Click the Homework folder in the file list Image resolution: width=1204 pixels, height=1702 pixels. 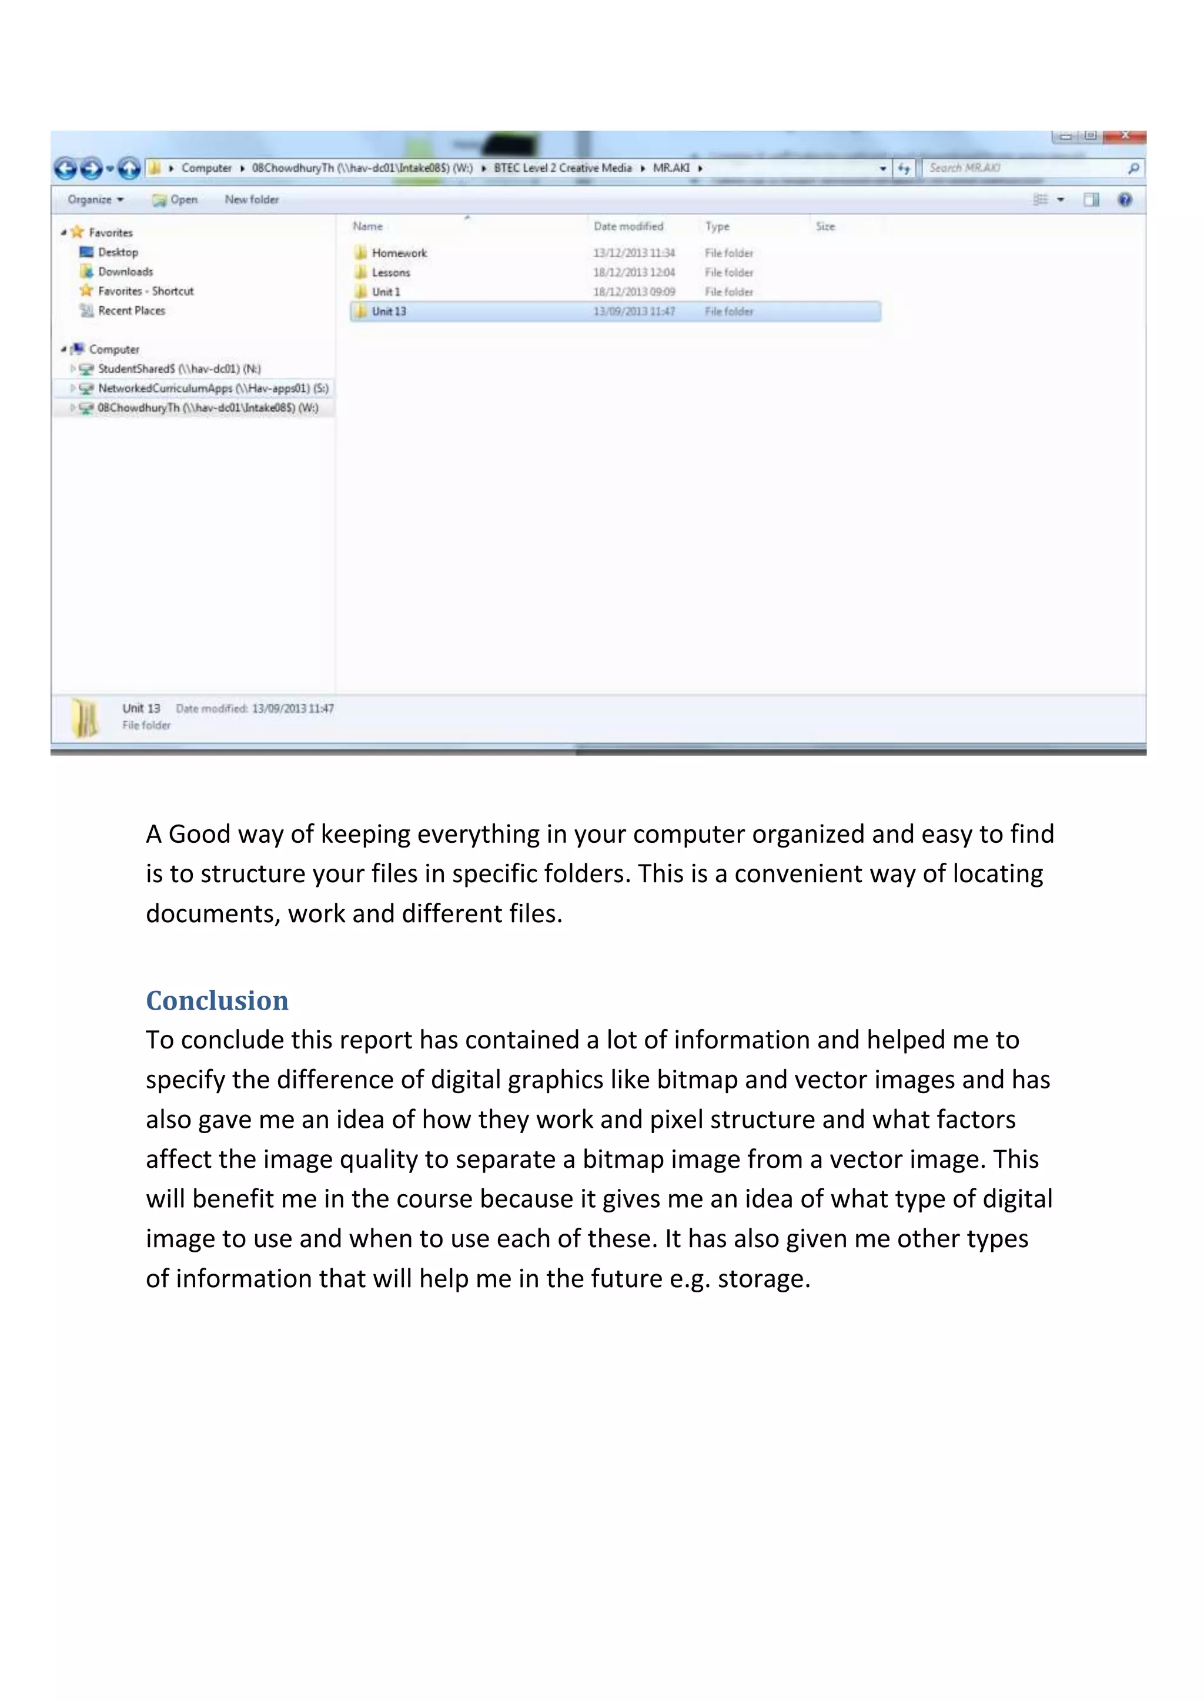[x=399, y=253]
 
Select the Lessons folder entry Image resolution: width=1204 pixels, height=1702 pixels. [x=391, y=272]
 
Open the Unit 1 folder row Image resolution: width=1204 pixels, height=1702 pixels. [x=386, y=292]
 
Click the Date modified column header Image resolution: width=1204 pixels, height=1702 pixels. [x=628, y=226]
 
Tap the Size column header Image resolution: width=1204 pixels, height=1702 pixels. [x=825, y=226]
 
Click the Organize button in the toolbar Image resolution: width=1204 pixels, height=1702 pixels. [x=95, y=199]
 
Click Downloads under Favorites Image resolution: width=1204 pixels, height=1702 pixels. [x=125, y=272]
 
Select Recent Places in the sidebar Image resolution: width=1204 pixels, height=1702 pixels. [x=131, y=310]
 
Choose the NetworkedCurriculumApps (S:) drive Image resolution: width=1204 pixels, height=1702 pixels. [x=213, y=388]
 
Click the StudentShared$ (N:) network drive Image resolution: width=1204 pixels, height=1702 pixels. [x=179, y=368]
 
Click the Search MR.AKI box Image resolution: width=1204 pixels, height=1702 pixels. [x=1023, y=168]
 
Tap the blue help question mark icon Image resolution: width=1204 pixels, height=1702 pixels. [x=1125, y=199]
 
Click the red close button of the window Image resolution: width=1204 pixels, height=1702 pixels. [x=1125, y=136]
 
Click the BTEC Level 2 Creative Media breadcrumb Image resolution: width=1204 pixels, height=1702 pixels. [x=563, y=168]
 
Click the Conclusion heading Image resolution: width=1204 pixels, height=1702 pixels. [x=217, y=1000]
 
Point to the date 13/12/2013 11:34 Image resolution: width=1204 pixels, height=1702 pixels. [x=634, y=253]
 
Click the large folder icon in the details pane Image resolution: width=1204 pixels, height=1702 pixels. [x=85, y=718]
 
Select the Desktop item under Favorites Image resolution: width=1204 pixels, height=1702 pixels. [x=118, y=252]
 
